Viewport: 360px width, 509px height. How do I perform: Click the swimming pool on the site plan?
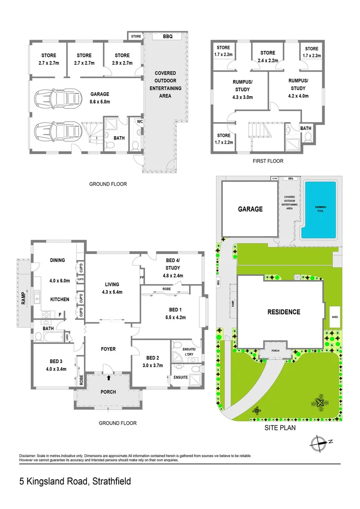[x=319, y=210]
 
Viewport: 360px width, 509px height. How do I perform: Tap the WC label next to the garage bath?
[x=139, y=121]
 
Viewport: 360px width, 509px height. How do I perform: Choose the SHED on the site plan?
[x=335, y=317]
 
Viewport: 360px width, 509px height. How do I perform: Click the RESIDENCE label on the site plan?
[x=284, y=312]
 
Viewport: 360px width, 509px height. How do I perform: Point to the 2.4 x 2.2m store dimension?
[x=267, y=60]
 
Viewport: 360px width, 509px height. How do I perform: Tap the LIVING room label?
[x=112, y=285]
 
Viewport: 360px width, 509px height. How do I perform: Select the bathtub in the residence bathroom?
[x=52, y=337]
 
